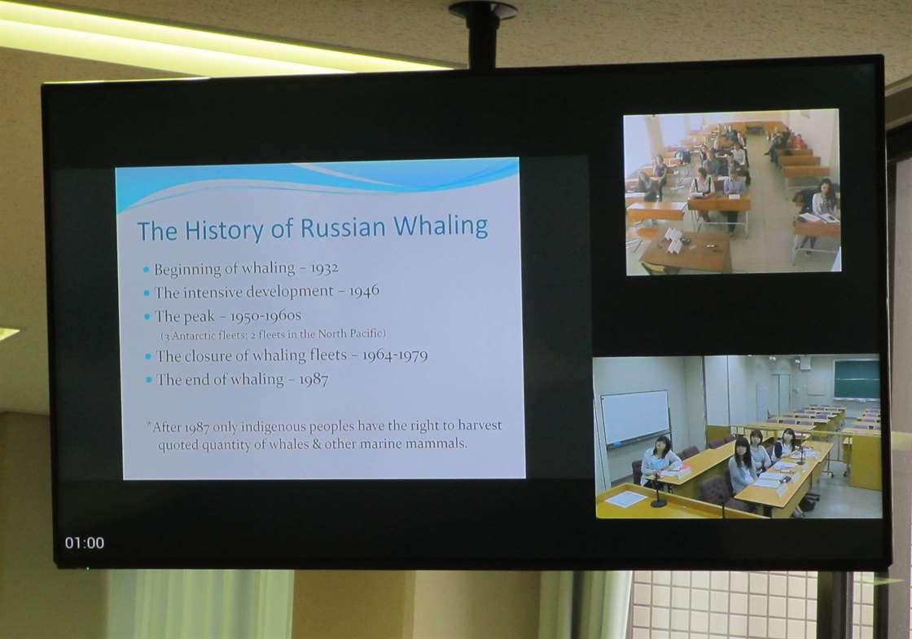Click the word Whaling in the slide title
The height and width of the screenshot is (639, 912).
coord(441,226)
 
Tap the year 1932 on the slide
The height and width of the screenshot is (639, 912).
coord(324,268)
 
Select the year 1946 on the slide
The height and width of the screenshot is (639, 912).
coord(364,290)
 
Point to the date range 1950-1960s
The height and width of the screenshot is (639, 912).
coord(265,316)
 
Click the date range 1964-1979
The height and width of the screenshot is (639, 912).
coord(395,355)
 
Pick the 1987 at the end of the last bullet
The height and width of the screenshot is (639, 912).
coord(313,380)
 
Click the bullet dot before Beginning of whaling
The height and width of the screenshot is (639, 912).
coord(146,270)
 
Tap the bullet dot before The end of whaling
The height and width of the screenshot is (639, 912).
coord(150,380)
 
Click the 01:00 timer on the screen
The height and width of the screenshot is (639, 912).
coord(85,543)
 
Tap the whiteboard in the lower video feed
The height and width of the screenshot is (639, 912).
coord(635,417)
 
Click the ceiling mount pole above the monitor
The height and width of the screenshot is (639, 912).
coord(482,35)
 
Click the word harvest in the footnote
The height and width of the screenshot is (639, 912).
coord(480,425)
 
